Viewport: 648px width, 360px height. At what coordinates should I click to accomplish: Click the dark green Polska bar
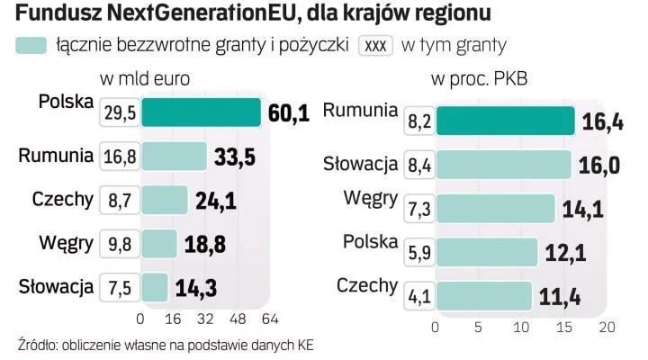(201, 112)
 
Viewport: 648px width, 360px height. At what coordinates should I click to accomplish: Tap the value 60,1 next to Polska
(289, 112)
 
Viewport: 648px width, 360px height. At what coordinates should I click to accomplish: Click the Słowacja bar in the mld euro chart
(154, 288)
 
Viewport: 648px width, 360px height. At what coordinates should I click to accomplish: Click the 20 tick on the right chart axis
(607, 327)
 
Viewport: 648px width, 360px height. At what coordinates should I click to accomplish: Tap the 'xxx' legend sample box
(374, 45)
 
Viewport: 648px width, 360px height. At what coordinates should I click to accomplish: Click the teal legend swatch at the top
(31, 45)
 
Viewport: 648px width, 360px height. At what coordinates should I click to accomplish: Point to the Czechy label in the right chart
(367, 285)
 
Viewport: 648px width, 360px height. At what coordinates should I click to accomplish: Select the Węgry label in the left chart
(66, 241)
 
